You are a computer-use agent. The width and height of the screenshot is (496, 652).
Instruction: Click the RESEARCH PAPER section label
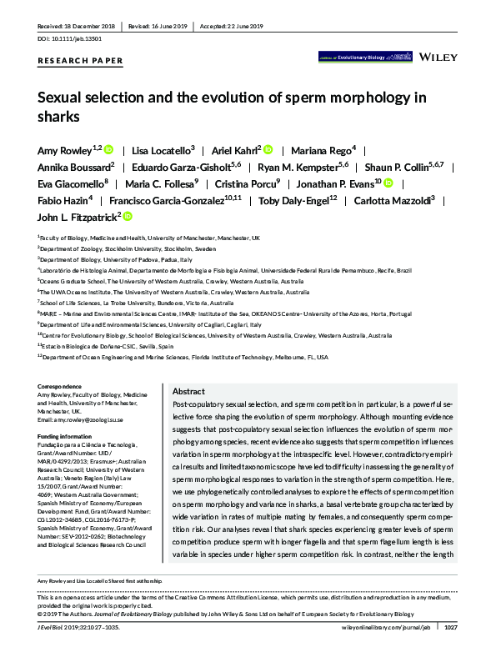tap(81, 61)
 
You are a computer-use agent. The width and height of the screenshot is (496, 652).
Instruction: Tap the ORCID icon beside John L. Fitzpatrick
tap(128, 216)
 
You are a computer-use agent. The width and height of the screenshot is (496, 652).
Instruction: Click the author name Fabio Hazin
tap(63, 199)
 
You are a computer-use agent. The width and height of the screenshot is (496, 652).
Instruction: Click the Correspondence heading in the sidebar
tap(63, 387)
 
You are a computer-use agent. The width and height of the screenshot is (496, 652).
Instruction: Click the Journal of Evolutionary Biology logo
tap(363, 58)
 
